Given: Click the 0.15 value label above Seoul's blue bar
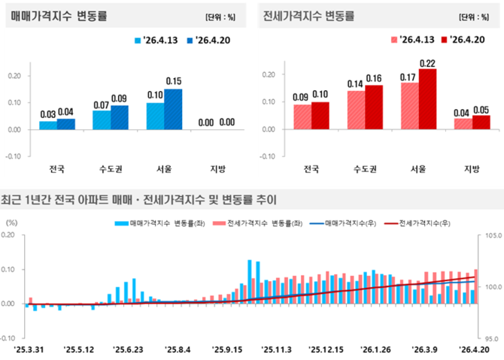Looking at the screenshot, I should pos(174,81).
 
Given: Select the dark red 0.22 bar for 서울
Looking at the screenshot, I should pos(428,98).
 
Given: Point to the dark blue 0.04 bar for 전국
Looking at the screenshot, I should pos(66,124).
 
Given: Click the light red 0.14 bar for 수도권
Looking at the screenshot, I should pos(356,110).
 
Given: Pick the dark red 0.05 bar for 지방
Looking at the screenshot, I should pos(481,122).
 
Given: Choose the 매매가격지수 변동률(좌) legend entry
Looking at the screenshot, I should pos(159,223).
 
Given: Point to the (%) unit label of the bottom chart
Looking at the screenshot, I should pos(11,222).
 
